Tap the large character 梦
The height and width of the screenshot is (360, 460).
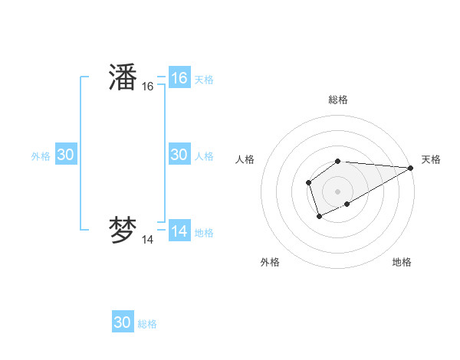[123, 231]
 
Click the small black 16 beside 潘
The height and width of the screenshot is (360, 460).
[148, 87]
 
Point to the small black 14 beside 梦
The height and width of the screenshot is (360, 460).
[148, 240]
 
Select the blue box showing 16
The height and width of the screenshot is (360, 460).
[179, 78]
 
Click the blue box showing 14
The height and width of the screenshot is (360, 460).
[179, 231]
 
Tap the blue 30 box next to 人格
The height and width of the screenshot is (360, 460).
[179, 155]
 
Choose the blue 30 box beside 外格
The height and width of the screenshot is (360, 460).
[66, 155]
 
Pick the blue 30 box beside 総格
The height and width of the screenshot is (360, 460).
[123, 322]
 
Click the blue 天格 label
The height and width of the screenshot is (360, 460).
[204, 79]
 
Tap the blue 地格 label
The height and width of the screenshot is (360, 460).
[204, 232]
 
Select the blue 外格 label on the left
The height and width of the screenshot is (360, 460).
[41, 155]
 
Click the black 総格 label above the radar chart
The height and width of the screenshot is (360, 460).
[338, 100]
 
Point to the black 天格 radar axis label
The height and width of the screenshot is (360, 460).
[431, 159]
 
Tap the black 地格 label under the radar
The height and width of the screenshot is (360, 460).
[402, 262]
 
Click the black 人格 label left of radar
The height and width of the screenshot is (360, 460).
[245, 159]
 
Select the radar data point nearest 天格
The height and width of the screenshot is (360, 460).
[411, 168]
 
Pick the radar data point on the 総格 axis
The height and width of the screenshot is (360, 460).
[338, 161]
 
